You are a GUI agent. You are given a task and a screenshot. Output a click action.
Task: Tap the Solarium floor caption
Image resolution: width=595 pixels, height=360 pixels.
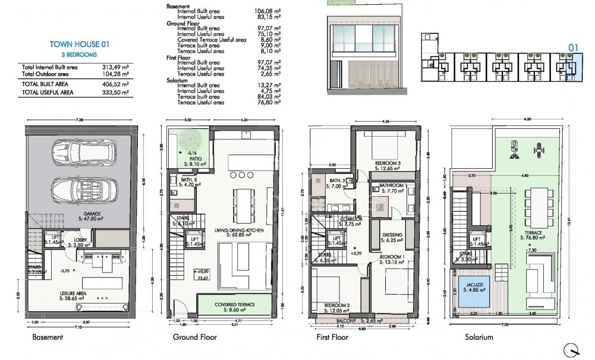pos(479,337)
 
